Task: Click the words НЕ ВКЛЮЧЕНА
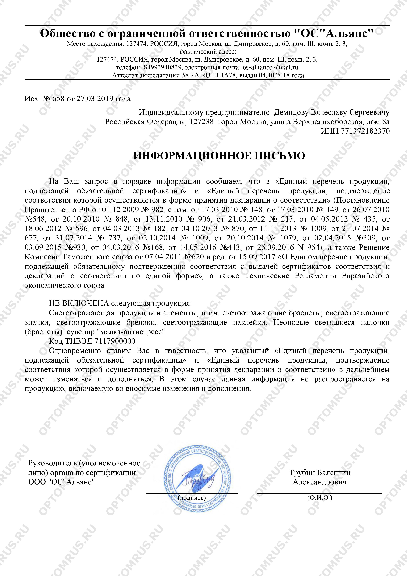79,304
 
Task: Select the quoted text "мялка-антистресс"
131,332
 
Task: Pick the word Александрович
320,482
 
